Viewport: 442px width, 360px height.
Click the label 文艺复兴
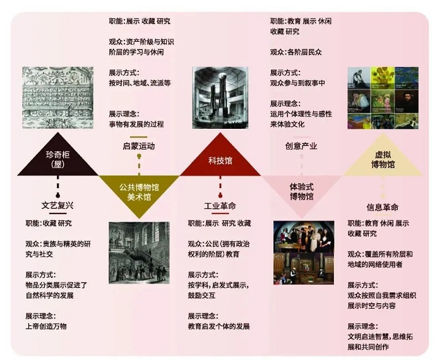pyautogui.click(x=58, y=205)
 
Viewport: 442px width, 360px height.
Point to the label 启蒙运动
pyautogui.click(x=138, y=146)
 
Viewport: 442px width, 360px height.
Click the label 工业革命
pyautogui.click(x=220, y=207)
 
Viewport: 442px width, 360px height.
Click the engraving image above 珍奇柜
pyautogui.click(x=59, y=100)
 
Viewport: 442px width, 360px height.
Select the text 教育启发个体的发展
pyautogui.click(x=218, y=326)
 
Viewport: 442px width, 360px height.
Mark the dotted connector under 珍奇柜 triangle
pyautogui.click(x=58, y=187)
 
